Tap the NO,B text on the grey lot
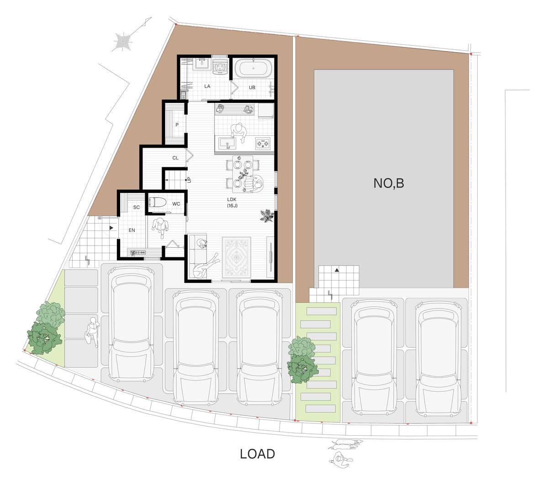point(389,183)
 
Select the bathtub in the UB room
point(253,69)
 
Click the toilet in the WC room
point(158,202)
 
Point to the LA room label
point(207,86)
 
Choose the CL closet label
point(175,158)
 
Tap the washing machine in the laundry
point(220,66)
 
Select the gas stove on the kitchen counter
point(263,143)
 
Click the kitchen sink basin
point(227,143)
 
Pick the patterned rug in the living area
point(237,257)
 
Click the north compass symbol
point(123,42)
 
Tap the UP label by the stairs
point(190,180)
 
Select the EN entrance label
point(132,230)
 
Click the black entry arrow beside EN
point(111,228)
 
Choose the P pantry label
point(177,125)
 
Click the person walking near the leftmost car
point(92,332)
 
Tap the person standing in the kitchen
point(238,133)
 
